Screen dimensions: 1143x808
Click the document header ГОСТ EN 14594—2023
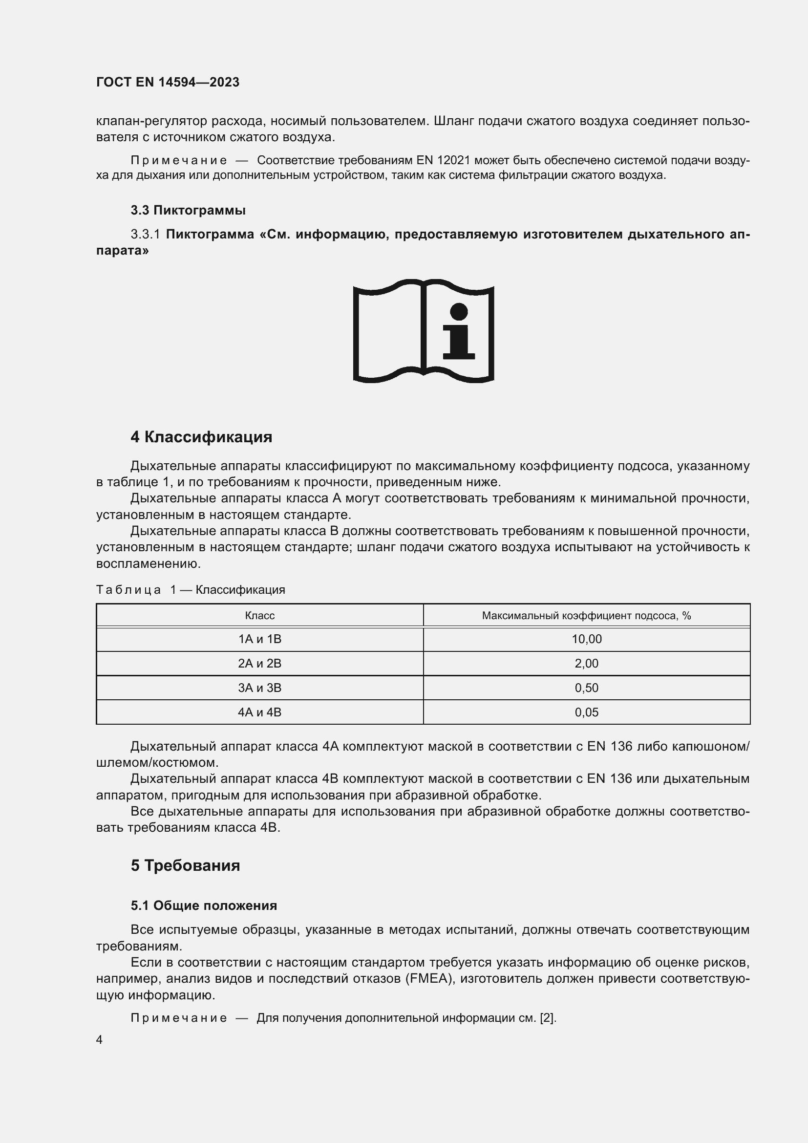coord(168,82)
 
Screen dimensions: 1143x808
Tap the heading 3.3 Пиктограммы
coord(188,210)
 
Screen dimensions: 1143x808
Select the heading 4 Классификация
coord(201,437)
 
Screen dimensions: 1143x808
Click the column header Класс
coord(260,616)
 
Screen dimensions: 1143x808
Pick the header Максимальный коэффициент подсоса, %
coord(586,616)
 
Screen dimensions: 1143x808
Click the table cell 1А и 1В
coord(260,639)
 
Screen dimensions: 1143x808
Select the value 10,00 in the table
coord(586,639)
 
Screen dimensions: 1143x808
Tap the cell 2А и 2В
coord(260,664)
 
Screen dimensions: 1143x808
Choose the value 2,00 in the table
coord(586,664)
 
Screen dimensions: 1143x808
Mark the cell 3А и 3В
coord(260,688)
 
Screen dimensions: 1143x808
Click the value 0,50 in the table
coord(586,688)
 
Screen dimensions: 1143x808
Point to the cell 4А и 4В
coord(260,712)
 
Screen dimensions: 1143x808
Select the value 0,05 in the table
coord(586,712)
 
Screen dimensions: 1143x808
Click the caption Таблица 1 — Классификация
coord(190,590)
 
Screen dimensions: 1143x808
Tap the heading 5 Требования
coord(185,866)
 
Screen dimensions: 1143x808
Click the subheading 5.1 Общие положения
coord(204,906)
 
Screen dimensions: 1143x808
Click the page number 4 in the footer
coord(99,1040)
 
